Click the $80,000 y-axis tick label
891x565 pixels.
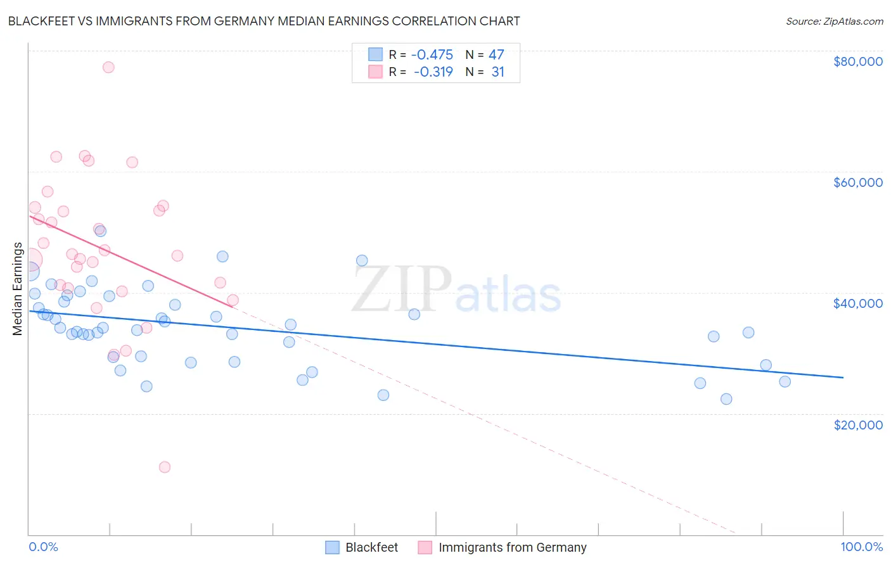click(x=858, y=61)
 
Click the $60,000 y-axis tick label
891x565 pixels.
click(x=858, y=182)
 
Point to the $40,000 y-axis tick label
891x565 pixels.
click(x=858, y=303)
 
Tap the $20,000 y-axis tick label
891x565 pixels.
click(x=858, y=424)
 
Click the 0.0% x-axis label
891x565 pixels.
click(x=44, y=547)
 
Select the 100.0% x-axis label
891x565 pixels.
click(x=861, y=547)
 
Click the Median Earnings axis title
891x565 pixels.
click(x=18, y=289)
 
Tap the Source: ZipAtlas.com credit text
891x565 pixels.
click(x=834, y=21)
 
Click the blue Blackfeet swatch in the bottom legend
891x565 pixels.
click(x=333, y=547)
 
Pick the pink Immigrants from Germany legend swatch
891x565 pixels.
click(x=425, y=547)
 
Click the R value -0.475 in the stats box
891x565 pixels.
click(x=432, y=55)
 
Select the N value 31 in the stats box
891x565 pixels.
click(x=498, y=72)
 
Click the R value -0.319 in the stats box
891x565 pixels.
click(x=433, y=72)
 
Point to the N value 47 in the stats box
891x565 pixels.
click(x=496, y=55)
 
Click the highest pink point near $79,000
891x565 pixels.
click(x=108, y=67)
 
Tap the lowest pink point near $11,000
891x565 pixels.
click(x=165, y=467)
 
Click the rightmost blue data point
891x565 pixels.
click(x=785, y=381)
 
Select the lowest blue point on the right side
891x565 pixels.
click(x=726, y=399)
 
